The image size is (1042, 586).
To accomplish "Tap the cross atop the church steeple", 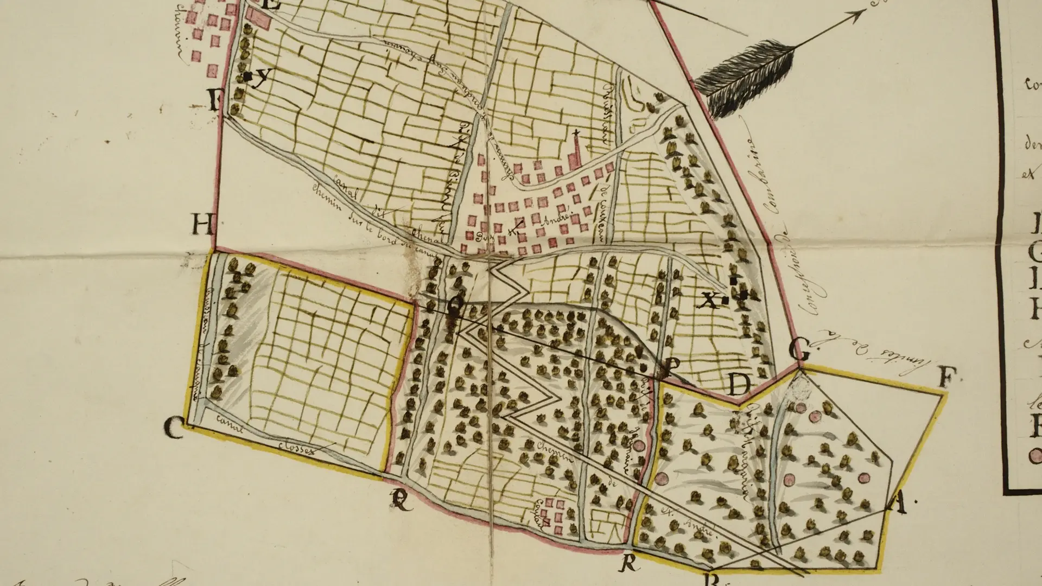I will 576,133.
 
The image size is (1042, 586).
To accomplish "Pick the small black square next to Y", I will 247,77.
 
